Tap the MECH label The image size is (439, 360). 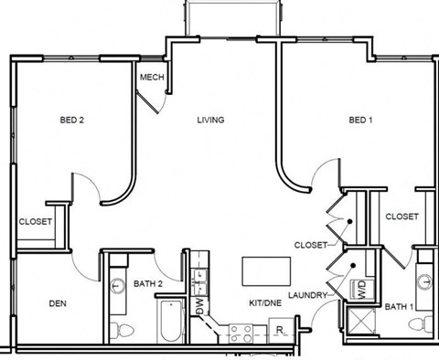click(x=152, y=77)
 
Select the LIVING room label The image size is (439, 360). click(x=210, y=120)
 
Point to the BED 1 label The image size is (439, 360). click(x=360, y=120)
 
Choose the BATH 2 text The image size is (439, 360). click(x=148, y=284)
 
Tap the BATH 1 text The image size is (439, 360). click(x=399, y=306)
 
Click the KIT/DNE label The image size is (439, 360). click(x=264, y=302)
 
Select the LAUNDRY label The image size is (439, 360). click(x=306, y=295)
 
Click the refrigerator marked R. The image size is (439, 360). click(x=281, y=330)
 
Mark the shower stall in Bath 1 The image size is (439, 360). click(x=359, y=323)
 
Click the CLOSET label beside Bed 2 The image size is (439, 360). click(x=36, y=221)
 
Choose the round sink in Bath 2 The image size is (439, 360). click(x=117, y=286)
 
